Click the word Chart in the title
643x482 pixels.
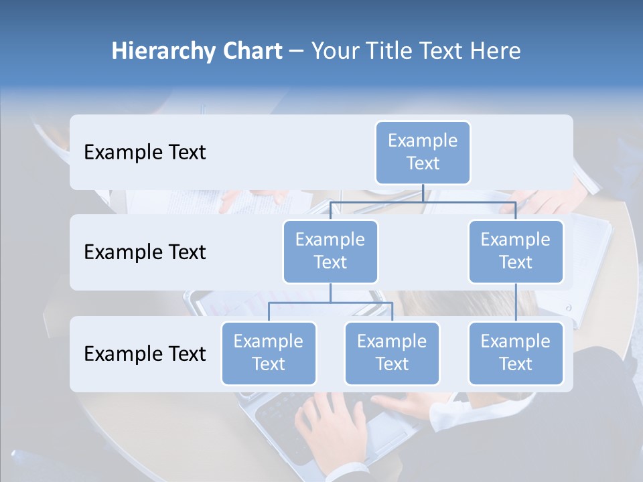tap(254, 52)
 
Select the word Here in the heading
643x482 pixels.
tap(495, 52)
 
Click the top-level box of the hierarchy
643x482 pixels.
tap(423, 153)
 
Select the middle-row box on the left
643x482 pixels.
tap(330, 252)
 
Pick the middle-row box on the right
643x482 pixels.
tap(516, 252)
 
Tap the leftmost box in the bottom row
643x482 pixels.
tap(269, 353)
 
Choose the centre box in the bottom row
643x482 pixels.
tap(392, 353)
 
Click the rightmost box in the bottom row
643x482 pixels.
tap(516, 353)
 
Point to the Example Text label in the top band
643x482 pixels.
tap(145, 153)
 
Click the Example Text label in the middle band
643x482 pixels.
tap(145, 252)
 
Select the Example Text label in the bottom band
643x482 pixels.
tap(145, 353)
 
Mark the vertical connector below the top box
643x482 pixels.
tap(423, 193)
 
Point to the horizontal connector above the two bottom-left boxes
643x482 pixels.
tap(330, 303)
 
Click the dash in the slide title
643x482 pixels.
tap(297, 52)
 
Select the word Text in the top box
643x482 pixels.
tap(423, 163)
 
